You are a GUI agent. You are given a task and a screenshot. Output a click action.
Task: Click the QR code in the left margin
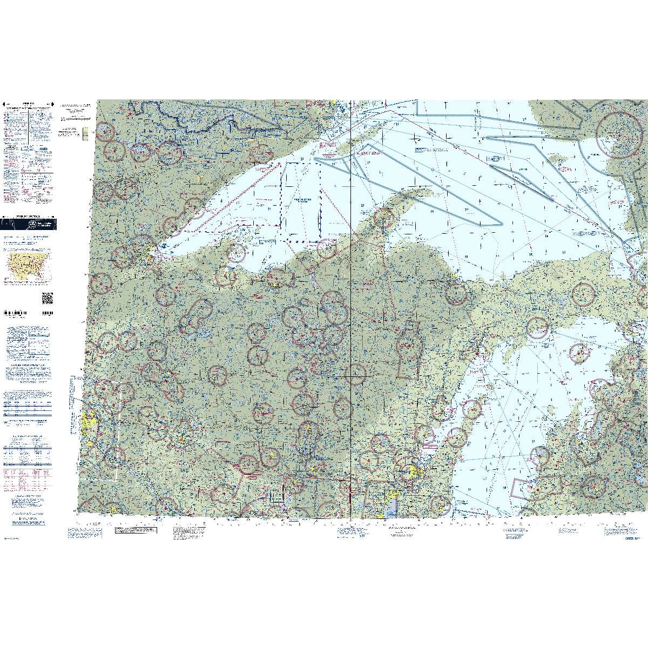46,298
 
